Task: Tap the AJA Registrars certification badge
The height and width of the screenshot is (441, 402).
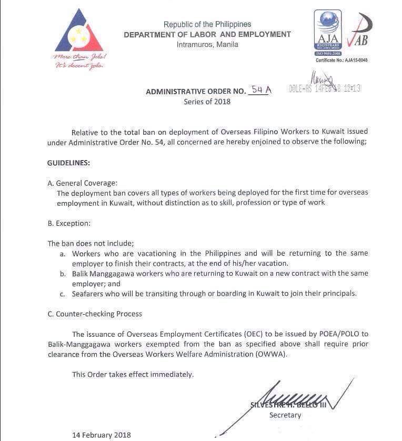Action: pos(327,33)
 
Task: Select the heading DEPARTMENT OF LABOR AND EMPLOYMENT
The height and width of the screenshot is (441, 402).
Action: pos(207,34)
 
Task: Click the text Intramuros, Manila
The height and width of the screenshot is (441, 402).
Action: pos(207,44)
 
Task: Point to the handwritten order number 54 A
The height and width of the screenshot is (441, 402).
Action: pos(261,90)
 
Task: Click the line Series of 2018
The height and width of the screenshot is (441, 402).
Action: pos(207,102)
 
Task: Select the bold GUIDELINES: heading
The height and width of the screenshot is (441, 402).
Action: pos(68,163)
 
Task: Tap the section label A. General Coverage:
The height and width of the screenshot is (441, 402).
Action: pos(83,183)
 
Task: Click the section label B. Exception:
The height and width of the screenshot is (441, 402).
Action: pos(69,223)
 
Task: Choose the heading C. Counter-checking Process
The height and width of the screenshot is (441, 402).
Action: pos(95,314)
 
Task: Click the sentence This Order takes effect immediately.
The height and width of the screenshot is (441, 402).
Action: pos(133,374)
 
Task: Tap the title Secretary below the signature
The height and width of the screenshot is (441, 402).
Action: pos(285,415)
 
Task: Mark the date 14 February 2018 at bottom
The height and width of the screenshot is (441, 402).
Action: pos(102,435)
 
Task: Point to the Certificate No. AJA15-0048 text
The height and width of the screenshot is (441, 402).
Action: pos(341,61)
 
